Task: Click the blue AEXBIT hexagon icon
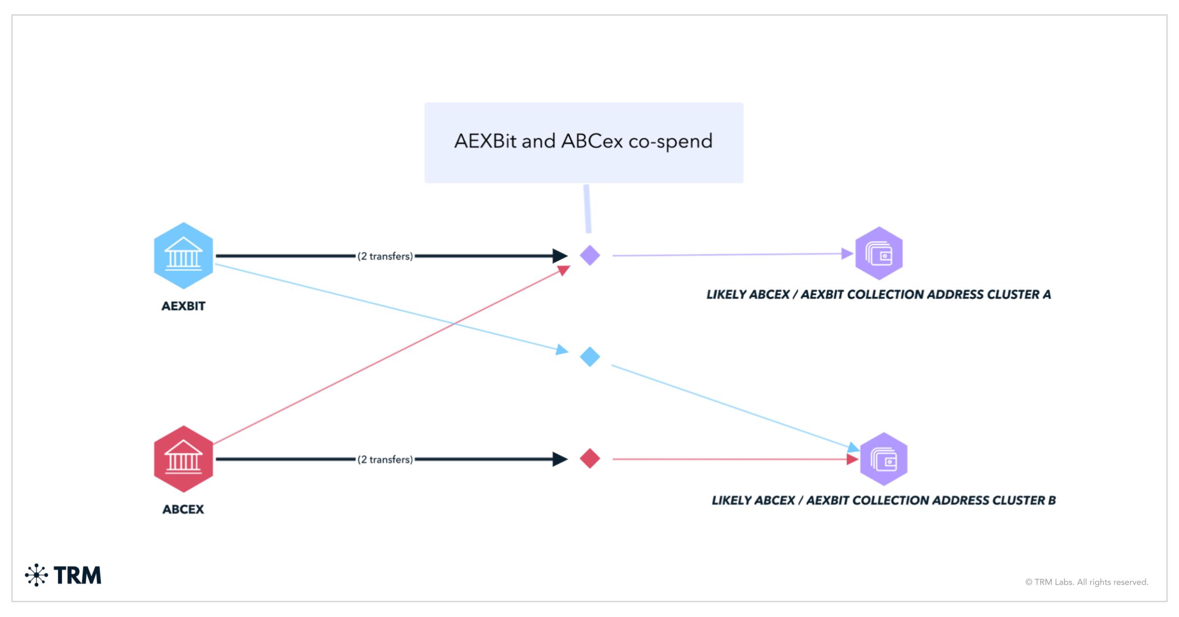point(183,255)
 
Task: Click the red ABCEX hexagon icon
point(183,459)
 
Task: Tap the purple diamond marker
point(589,255)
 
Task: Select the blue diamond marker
point(589,357)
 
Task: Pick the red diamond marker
point(589,458)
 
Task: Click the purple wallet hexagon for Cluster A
point(879,253)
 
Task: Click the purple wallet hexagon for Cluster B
point(884,459)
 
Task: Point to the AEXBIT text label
point(183,306)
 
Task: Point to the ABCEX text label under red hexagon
point(183,509)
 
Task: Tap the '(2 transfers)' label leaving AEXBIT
point(385,256)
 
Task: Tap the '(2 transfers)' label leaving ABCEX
point(385,459)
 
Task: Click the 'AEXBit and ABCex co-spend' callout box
point(584,142)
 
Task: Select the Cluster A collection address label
point(878,295)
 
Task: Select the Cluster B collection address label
point(883,501)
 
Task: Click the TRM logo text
point(77,575)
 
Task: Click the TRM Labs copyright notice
point(1087,582)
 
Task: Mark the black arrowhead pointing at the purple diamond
point(560,255)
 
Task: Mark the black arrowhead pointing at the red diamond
point(560,459)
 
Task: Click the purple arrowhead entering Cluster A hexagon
point(847,253)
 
